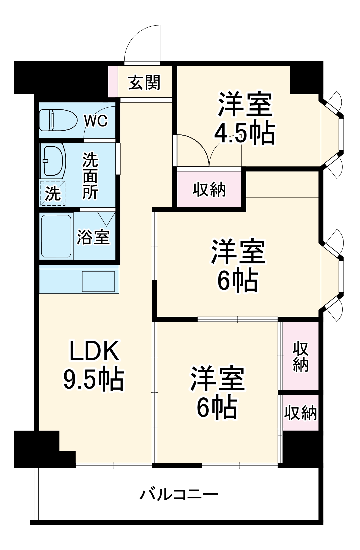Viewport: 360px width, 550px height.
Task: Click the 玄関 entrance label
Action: tap(144, 82)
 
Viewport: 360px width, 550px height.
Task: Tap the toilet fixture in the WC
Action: tap(58, 120)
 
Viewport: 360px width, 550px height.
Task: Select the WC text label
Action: tap(96, 121)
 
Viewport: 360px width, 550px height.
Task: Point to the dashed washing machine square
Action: tap(53, 193)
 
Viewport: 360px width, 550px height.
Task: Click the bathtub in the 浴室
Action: tap(56, 236)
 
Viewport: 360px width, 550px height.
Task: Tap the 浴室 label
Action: tap(93, 237)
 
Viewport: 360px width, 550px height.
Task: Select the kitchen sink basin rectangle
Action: tap(98, 281)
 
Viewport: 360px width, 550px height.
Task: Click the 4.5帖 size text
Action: tap(244, 133)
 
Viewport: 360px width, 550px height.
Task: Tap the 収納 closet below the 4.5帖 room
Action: tap(209, 189)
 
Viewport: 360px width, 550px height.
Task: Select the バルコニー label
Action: tap(179, 494)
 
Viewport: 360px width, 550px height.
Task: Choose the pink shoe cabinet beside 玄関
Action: tap(113, 81)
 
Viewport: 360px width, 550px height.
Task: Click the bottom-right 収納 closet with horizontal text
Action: tap(301, 413)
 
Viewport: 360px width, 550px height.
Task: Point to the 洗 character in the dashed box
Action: tap(53, 193)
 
